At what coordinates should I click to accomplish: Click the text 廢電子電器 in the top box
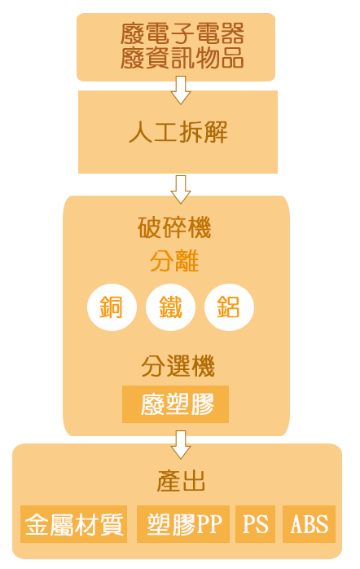182,33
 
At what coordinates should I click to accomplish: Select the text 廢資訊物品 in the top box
182,58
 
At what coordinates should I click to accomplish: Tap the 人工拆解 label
178,131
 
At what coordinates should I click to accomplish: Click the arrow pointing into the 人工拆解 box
181,90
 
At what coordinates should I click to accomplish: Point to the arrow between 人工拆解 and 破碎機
181,189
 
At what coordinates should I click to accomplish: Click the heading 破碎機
174,227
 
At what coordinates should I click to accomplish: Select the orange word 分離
174,261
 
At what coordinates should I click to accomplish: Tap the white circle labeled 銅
112,307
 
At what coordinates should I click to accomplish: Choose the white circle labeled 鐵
170,307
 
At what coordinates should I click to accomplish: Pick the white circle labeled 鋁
229,307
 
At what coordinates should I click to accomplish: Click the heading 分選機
178,366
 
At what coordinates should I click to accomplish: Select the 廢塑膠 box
175,404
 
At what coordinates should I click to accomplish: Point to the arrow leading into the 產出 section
181,444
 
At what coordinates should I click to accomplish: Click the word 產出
181,481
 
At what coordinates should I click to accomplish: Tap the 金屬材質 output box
73,524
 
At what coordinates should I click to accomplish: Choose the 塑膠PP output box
183,524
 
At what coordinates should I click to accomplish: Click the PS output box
255,524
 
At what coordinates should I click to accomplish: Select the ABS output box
309,524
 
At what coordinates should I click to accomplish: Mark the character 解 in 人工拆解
216,131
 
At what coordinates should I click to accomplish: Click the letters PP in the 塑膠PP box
209,524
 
